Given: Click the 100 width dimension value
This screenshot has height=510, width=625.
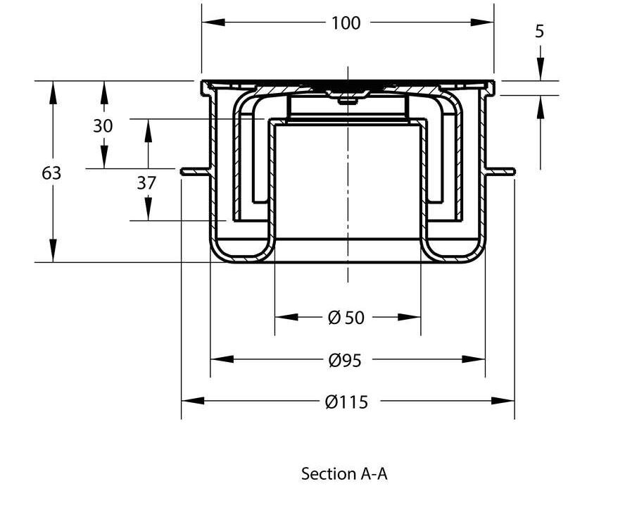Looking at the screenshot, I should click(x=346, y=23).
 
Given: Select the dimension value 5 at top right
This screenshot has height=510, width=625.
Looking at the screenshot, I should click(x=540, y=32).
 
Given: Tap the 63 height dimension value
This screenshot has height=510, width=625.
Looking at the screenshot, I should click(x=51, y=173).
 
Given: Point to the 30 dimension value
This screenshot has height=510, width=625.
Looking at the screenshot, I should click(x=103, y=126).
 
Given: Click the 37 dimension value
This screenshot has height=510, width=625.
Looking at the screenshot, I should click(x=146, y=183).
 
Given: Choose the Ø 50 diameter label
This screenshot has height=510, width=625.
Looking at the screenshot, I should click(x=346, y=318).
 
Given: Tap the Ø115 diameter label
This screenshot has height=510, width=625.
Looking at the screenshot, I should click(x=346, y=402).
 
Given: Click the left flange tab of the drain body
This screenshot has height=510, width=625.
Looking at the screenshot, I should click(x=194, y=170).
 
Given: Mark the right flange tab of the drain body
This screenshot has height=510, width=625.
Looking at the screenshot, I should click(x=501, y=170).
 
